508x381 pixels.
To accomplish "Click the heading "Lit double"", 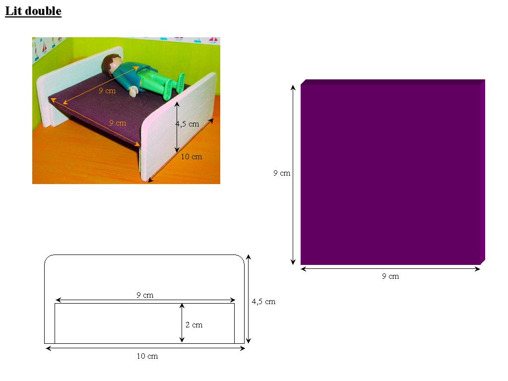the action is coord(33,11).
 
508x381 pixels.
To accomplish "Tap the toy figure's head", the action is coord(112,63).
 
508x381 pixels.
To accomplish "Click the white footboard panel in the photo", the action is coord(178,127).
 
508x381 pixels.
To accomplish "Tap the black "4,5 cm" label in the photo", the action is coord(187,124).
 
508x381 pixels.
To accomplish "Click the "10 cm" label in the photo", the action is coord(191,157).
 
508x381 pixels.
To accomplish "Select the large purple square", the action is coord(393,172).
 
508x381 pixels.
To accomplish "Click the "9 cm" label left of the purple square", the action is coord(282,173).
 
